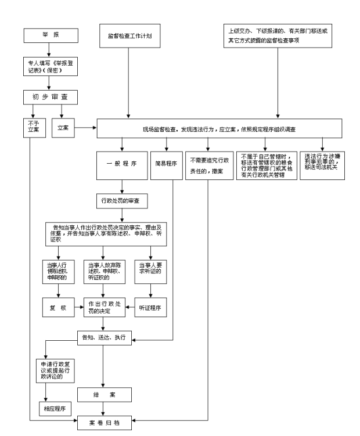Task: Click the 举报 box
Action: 51,35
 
